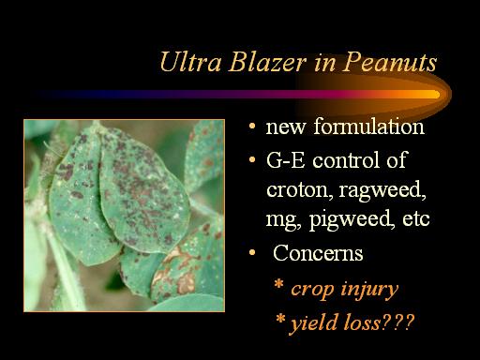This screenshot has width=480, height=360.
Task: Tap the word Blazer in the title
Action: coord(267,62)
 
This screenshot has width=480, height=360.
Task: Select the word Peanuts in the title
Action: coord(389,62)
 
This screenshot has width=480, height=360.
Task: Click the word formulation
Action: coord(368,127)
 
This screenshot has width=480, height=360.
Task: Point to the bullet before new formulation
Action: coord(252,127)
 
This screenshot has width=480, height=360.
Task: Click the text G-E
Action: coord(285,159)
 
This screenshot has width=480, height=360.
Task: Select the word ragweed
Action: coord(382,190)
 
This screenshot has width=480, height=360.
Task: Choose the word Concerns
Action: coord(318,253)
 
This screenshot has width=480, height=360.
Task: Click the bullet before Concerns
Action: coord(252,252)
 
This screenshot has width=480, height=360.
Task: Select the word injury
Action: coord(369,290)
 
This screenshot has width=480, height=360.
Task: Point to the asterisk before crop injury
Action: coord(278,285)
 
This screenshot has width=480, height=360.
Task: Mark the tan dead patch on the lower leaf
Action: coord(186,283)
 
